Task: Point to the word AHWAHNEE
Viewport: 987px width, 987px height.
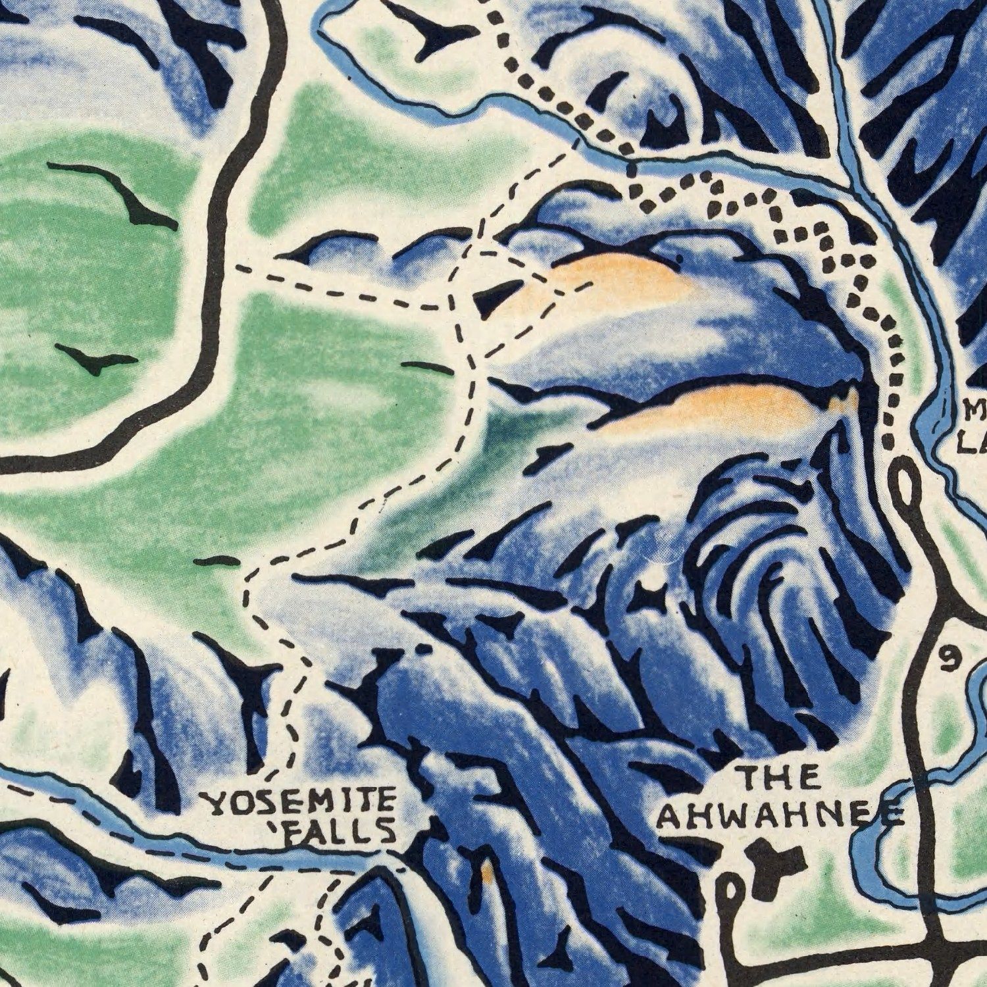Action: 780,816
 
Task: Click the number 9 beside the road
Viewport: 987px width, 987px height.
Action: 947,658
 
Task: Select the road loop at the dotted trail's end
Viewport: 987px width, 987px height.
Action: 907,480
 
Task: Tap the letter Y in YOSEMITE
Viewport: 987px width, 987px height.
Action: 216,804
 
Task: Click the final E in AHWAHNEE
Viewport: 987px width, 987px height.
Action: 892,816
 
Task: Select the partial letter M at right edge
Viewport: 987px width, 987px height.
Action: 975,411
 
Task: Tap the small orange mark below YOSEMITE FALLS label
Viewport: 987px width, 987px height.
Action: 487,872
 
